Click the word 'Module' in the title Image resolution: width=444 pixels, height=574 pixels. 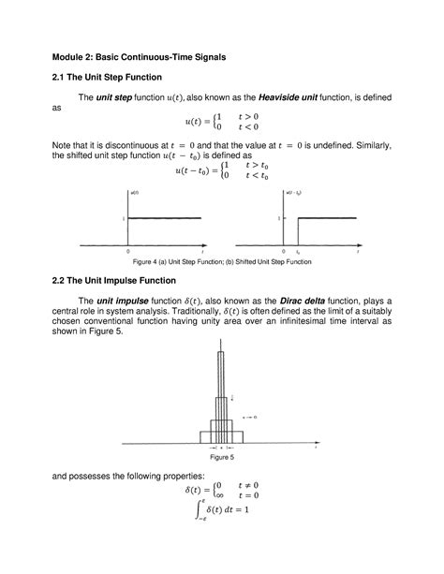click(72, 57)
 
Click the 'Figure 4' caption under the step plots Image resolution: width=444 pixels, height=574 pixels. click(221, 261)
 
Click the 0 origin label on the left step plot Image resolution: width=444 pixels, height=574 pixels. click(127, 251)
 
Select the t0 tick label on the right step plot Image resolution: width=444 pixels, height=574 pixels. click(297, 251)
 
